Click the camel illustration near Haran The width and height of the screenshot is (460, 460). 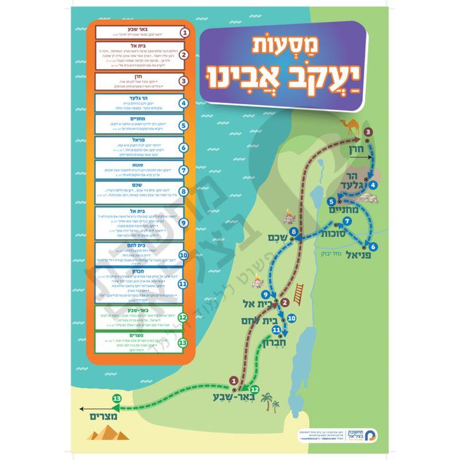coord(350,125)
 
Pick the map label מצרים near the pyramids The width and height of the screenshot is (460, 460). coord(104,415)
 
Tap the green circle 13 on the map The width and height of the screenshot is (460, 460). coord(117,398)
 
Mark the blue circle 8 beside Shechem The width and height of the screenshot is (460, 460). coord(294,232)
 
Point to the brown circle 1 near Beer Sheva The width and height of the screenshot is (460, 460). coord(233,380)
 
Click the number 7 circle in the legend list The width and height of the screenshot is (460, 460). coord(185,170)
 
